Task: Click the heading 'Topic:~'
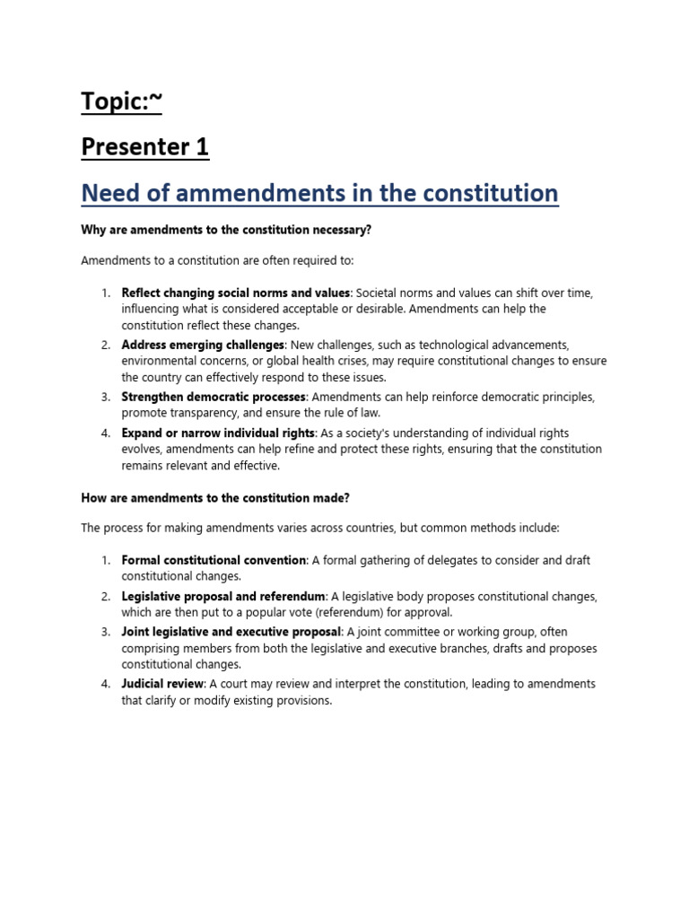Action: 122,102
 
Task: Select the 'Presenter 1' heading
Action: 145,146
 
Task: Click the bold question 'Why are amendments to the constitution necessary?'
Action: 226,231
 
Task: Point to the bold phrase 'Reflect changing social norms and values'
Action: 235,293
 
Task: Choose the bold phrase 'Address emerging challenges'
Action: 203,345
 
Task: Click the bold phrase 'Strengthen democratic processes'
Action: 214,397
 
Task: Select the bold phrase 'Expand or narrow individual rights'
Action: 218,433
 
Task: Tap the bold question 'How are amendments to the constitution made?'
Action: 214,496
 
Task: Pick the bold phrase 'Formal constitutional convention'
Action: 214,560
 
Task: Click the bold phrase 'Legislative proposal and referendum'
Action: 223,596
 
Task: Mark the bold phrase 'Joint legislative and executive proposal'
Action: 231,632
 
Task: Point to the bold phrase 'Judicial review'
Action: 163,684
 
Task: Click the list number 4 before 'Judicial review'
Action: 106,684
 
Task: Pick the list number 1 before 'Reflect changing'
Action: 106,293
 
